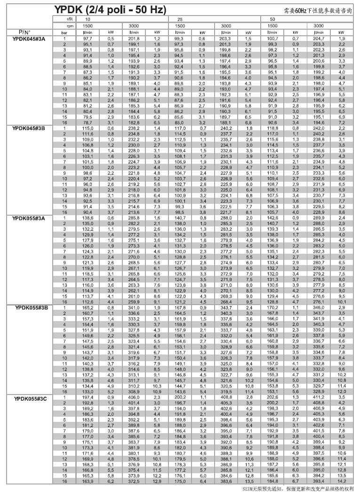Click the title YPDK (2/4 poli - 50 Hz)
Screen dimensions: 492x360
[111, 9]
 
